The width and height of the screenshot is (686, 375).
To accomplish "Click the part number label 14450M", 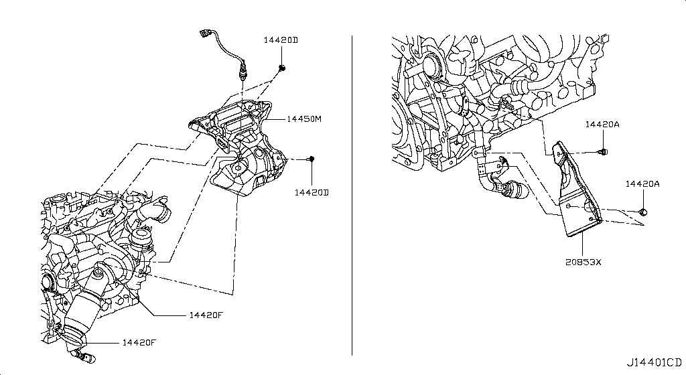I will [x=305, y=119].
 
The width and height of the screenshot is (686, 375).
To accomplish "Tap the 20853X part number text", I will [x=584, y=262].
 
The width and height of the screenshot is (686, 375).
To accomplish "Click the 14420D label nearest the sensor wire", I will [x=280, y=40].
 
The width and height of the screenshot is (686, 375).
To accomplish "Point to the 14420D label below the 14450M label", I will [x=312, y=192].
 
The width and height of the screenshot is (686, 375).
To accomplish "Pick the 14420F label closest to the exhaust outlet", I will [x=139, y=343].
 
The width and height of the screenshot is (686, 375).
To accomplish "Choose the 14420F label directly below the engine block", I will [x=205, y=315].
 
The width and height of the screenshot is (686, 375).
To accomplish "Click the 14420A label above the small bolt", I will [x=602, y=125].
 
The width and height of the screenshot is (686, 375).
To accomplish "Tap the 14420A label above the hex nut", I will [x=643, y=183].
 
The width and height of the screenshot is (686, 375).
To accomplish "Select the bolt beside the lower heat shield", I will [x=311, y=159].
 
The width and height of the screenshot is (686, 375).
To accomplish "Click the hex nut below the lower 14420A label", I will [x=644, y=212].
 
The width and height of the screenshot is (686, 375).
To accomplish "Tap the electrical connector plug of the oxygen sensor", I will [x=204, y=33].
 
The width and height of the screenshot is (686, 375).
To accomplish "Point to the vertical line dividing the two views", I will [x=352, y=194].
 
